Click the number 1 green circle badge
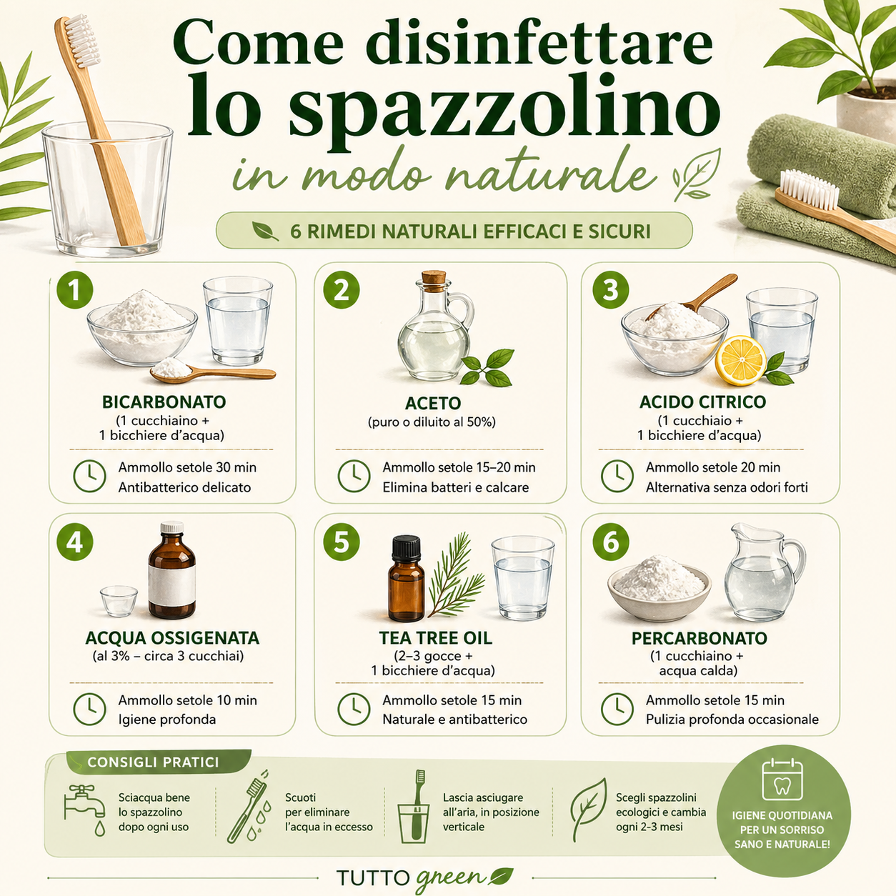click(x=75, y=291)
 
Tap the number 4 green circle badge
click(x=75, y=542)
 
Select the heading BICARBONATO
click(x=164, y=402)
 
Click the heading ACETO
click(x=432, y=403)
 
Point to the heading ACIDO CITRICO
click(x=702, y=402)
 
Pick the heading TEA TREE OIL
click(x=435, y=637)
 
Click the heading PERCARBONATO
click(x=699, y=637)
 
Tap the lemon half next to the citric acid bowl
click(x=740, y=360)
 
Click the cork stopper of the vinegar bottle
click(x=434, y=277)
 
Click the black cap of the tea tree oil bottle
click(x=406, y=549)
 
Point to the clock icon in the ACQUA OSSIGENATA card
click(x=90, y=709)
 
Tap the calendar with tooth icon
click(x=782, y=780)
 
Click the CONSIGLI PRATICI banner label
click(x=153, y=762)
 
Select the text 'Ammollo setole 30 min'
click(x=187, y=467)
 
